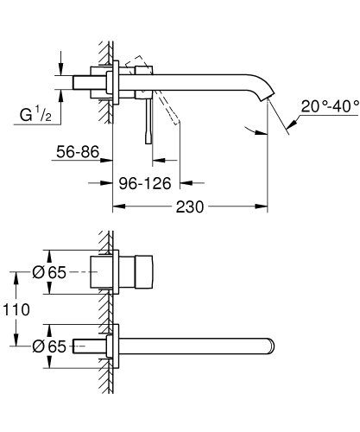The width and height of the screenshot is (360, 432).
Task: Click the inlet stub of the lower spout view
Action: click(x=92, y=346)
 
